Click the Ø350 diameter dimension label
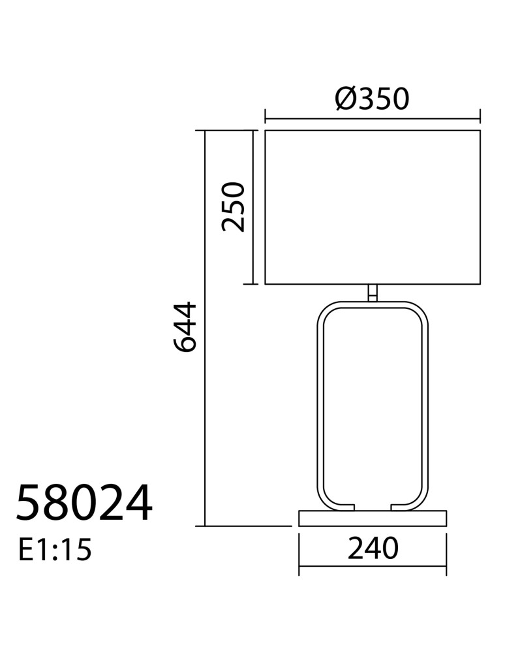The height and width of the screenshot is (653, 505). tap(373, 99)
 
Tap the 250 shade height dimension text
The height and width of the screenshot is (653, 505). tap(232, 206)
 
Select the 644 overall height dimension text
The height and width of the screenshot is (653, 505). tap(184, 327)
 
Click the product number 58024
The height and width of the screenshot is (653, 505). tap(84, 503)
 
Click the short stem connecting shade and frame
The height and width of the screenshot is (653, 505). tap(373, 293)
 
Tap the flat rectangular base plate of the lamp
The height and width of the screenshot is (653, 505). tap(373, 518)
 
